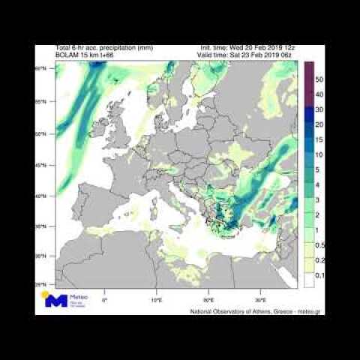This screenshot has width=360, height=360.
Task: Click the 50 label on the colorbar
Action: [x=319, y=79]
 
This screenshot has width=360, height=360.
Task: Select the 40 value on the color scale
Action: [x=319, y=94]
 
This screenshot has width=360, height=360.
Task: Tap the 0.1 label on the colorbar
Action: [x=319, y=275]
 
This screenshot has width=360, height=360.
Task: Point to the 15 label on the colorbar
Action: [x=319, y=139]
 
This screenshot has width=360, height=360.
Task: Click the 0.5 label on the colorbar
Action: [x=319, y=245]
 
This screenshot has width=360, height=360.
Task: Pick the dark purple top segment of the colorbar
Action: [x=308, y=70]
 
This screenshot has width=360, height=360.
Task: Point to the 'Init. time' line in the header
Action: [x=250, y=48]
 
